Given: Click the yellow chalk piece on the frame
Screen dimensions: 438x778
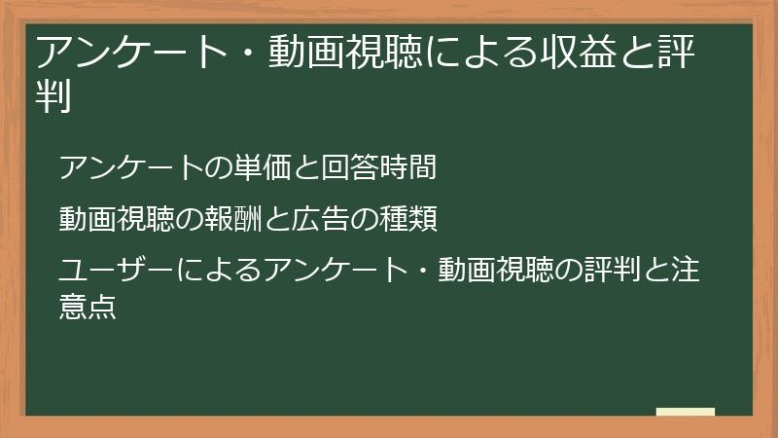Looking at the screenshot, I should [x=685, y=412].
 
